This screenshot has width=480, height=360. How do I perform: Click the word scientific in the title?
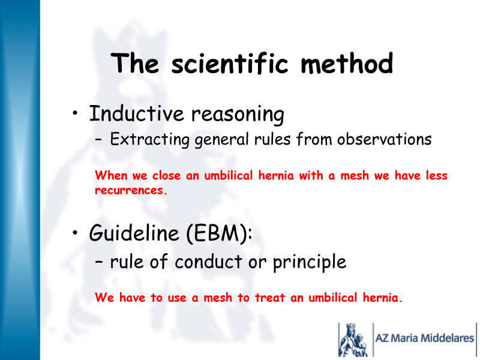(x=230, y=63)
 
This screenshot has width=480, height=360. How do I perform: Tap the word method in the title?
(x=347, y=63)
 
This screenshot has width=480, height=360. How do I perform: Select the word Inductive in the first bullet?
(x=137, y=113)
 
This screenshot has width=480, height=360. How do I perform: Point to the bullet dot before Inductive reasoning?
(x=76, y=113)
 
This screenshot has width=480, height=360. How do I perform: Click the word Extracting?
(x=149, y=140)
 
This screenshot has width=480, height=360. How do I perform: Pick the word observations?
(x=385, y=139)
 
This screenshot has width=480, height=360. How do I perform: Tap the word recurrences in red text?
(x=131, y=190)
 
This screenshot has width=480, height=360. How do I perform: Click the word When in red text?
(x=111, y=175)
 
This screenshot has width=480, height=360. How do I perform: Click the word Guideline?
(x=134, y=233)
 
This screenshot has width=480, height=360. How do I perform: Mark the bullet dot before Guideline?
(x=76, y=233)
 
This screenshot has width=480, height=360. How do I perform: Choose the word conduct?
(x=209, y=262)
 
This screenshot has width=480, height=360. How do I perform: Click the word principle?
(x=310, y=263)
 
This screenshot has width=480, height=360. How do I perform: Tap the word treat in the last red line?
(x=270, y=298)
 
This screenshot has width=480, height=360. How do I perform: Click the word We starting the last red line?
(x=104, y=298)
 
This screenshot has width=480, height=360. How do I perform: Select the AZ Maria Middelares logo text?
(x=425, y=338)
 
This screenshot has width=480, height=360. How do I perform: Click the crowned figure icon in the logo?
(x=353, y=340)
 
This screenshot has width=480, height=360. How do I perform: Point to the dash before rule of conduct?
(x=98, y=262)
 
